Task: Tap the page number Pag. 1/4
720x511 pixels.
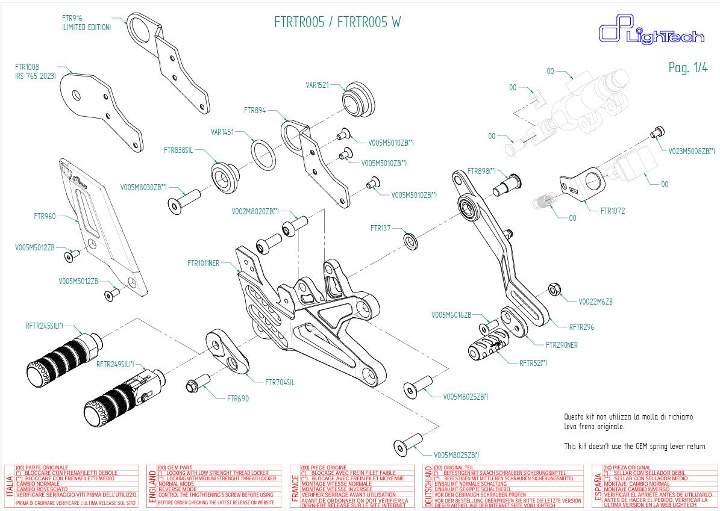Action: click(x=688, y=67)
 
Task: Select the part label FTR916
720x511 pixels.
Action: click(x=72, y=18)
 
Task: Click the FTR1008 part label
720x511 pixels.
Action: click(x=27, y=67)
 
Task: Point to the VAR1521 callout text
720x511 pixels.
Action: click(x=317, y=85)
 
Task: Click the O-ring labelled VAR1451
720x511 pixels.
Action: click(x=263, y=155)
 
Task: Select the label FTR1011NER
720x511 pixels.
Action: click(x=203, y=263)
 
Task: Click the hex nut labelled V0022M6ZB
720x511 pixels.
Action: click(x=555, y=290)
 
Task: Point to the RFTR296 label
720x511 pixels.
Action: click(x=581, y=327)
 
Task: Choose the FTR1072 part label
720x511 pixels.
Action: click(x=613, y=211)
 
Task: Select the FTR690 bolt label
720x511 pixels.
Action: click(x=237, y=398)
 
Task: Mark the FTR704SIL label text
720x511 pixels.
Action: click(x=280, y=382)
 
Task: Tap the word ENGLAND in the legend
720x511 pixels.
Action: click(x=152, y=486)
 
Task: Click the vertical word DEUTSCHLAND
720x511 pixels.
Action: click(x=428, y=486)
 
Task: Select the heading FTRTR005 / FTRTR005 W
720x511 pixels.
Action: click(x=337, y=23)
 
